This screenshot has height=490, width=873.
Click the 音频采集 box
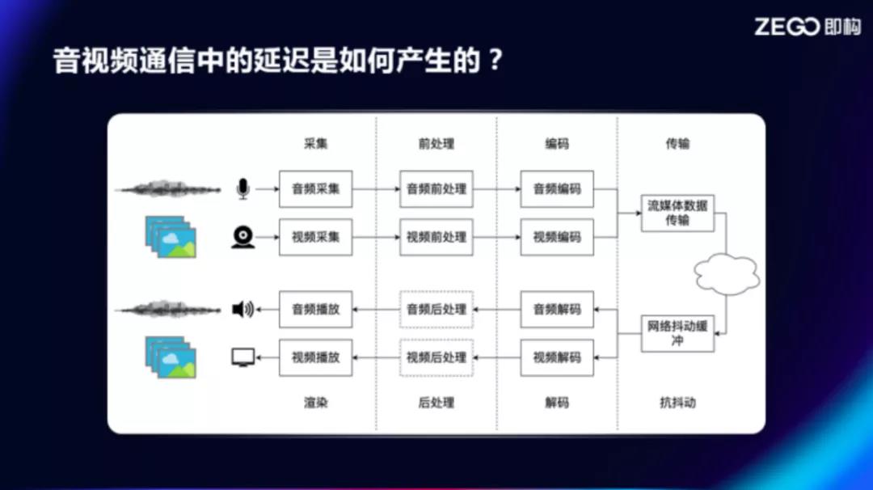(x=316, y=189)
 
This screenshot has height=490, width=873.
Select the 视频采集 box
(x=316, y=237)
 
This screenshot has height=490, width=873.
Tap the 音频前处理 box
(x=436, y=189)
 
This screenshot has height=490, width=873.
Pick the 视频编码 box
(x=557, y=237)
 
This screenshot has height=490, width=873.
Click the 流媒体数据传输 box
(x=677, y=213)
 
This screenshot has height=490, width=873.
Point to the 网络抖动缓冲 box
(x=677, y=333)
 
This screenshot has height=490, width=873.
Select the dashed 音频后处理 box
(x=436, y=310)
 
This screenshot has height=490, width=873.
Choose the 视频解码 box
(x=557, y=357)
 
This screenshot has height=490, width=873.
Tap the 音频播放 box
(x=316, y=310)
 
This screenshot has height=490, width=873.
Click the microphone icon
(x=242, y=188)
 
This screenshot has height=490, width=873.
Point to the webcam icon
(x=242, y=237)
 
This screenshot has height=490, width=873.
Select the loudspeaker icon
(x=242, y=309)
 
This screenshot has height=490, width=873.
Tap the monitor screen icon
(x=242, y=357)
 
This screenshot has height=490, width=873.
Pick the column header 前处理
(x=436, y=144)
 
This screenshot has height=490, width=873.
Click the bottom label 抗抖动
(x=677, y=403)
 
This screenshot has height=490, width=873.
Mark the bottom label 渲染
(x=316, y=403)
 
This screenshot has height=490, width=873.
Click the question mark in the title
(x=495, y=60)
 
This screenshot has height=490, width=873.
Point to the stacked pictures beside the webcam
(x=171, y=237)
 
